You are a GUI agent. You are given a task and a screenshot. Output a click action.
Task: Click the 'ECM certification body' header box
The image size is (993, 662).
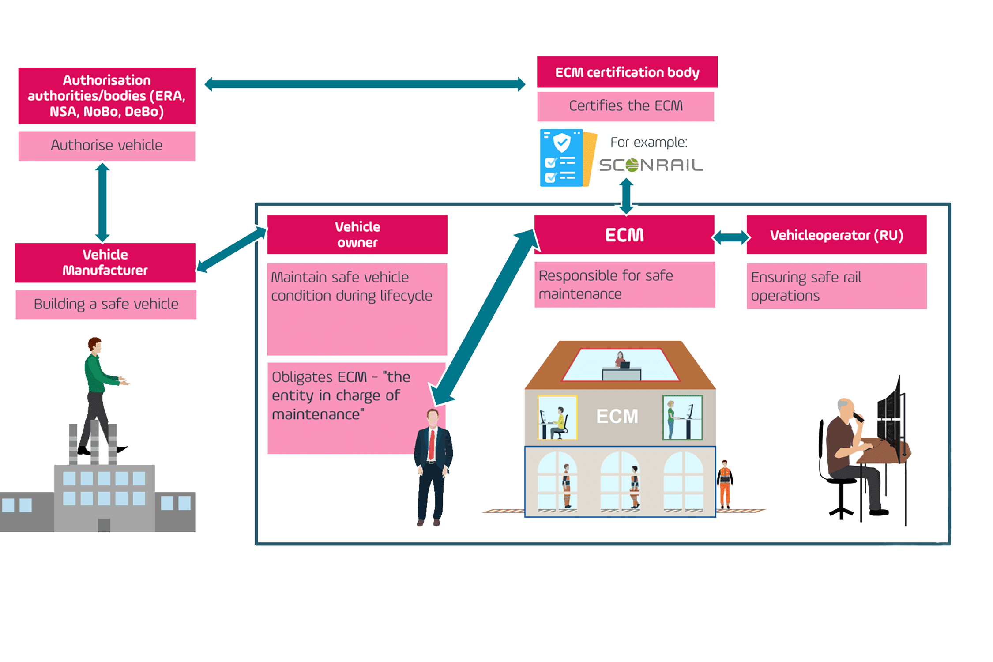(x=627, y=72)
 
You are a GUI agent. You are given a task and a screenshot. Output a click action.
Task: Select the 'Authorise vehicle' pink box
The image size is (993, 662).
(x=106, y=146)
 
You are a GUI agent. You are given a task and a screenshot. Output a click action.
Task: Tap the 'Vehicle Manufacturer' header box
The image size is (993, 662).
(x=105, y=263)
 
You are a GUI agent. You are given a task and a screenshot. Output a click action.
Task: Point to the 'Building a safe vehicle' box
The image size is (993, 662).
(x=106, y=304)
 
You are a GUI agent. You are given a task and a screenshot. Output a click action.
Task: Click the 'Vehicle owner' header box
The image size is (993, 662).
(x=357, y=234)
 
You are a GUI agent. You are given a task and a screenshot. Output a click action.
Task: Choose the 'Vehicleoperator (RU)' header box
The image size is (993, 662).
(x=836, y=235)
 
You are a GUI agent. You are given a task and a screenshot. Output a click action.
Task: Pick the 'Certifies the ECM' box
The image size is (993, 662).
(x=625, y=106)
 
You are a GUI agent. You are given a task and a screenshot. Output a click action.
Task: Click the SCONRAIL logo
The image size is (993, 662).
(x=651, y=165)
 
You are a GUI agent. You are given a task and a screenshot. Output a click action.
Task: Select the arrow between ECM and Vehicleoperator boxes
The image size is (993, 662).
(x=731, y=237)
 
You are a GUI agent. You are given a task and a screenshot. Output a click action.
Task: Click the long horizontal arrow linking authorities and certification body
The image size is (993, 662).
(x=365, y=84)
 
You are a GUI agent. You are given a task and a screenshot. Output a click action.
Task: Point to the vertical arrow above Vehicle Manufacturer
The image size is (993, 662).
(x=102, y=202)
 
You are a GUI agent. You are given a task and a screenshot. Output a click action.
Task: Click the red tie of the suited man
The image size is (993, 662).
(x=432, y=444)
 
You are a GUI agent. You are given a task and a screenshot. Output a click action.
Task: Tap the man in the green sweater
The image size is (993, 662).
(x=99, y=393)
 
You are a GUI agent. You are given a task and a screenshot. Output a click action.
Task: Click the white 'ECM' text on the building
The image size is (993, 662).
(x=617, y=416)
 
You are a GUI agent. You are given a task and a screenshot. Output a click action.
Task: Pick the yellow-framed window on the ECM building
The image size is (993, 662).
(x=557, y=418)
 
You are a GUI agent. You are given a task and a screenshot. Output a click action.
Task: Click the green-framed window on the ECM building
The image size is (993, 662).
(x=682, y=418)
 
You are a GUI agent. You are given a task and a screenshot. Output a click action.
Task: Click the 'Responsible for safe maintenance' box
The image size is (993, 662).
(x=624, y=285)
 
